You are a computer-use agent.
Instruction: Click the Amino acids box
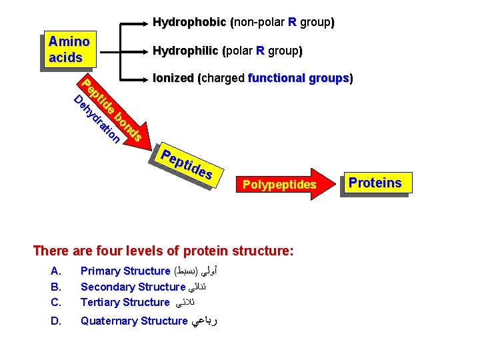tap(69, 49)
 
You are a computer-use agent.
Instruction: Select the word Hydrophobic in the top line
tap(190, 22)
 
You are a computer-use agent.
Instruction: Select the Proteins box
tap(375, 183)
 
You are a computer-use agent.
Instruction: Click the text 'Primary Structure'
tap(125, 271)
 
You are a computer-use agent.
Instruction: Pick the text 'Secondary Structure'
tap(132, 287)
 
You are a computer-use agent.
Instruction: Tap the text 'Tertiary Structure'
tap(125, 302)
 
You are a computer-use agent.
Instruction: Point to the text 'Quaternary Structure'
tap(134, 321)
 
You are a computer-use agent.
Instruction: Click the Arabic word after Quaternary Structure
tap(205, 321)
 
